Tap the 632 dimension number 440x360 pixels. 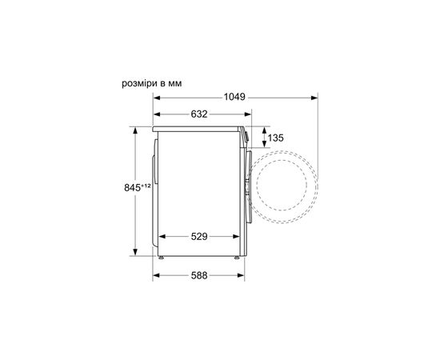click(198, 114)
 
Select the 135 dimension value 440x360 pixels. click(275, 138)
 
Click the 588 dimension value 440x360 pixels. click(198, 276)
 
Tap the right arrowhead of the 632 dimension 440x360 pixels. click(242, 114)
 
